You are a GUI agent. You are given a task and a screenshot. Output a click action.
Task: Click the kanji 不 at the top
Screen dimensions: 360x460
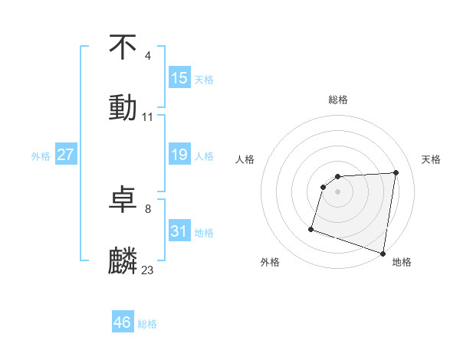coord(123,47)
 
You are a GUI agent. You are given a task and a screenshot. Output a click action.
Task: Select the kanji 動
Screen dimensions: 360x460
coord(123,107)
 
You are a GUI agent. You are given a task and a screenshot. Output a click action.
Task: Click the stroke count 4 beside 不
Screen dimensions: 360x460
coord(148,56)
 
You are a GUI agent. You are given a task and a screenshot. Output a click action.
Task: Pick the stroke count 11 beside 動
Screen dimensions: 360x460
coord(148,117)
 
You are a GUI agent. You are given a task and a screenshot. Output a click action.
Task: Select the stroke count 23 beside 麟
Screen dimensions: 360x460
coord(148,270)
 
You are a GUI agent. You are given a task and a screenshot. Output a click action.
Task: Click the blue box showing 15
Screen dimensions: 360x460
coord(179,78)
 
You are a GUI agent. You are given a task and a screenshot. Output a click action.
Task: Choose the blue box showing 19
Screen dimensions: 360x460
coord(179,155)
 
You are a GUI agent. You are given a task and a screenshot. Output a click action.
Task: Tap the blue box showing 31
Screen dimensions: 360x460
coord(179,231)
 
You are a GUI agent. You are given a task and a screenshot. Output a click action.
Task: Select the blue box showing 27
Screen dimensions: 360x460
coord(66,155)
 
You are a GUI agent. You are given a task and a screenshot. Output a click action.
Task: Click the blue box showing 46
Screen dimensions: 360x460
coord(123,322)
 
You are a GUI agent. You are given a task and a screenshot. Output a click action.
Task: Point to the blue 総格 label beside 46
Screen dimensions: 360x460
coord(147,324)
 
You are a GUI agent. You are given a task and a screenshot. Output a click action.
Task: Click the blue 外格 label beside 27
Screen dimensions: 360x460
coord(41,156)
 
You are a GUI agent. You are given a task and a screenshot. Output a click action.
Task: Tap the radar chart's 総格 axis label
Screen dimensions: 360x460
coord(338,100)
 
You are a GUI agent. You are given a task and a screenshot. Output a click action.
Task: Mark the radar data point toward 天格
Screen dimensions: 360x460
coord(396,172)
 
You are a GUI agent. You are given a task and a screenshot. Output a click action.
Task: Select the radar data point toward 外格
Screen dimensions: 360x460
coord(311,228)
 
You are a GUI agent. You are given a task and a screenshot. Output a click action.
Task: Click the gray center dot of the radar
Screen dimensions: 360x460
coord(338,191)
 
